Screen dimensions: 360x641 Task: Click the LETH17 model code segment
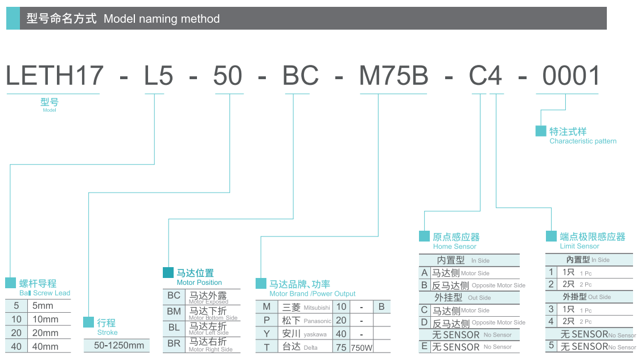coord(55,76)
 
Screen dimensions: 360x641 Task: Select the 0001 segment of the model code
coord(571,76)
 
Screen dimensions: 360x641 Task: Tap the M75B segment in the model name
coord(393,76)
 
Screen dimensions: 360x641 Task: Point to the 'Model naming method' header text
coord(162,19)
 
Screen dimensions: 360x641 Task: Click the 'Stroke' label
coord(108,332)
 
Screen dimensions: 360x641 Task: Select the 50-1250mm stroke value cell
coord(119,345)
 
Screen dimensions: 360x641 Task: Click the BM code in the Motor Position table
coord(174,312)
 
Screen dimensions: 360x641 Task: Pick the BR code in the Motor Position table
coord(174,343)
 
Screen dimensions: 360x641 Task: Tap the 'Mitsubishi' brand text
coord(317,308)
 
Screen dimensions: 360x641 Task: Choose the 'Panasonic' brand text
coord(317,321)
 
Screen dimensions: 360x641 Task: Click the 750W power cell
coord(361,347)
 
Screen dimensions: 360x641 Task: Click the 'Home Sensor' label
coord(454,246)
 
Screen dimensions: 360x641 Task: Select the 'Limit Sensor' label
coord(580,246)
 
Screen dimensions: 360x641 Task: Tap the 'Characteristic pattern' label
coord(583,141)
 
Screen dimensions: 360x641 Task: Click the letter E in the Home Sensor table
coord(424,346)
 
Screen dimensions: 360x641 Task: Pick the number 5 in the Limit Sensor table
coord(551,345)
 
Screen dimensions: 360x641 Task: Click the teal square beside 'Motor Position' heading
coord(169,272)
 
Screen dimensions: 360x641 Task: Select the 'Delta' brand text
coord(311,347)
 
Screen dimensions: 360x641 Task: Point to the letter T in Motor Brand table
coord(266,347)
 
